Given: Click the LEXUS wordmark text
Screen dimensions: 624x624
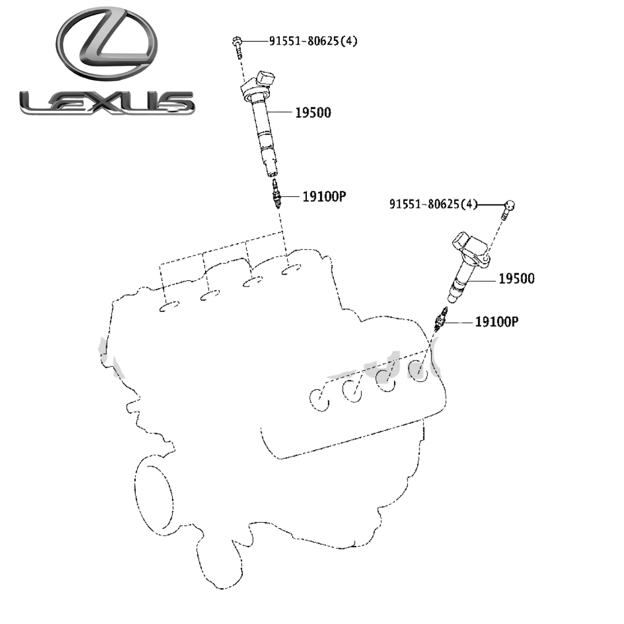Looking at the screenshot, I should coord(106,103).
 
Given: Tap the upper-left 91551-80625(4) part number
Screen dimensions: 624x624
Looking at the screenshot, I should coord(313,41).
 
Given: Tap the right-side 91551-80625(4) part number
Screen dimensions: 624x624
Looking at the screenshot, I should coord(433,204).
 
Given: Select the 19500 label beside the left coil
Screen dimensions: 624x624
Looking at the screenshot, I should coord(313,113).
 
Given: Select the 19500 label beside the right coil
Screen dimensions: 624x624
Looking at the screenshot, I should coord(517,278).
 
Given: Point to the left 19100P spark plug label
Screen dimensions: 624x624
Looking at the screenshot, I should coord(324,196).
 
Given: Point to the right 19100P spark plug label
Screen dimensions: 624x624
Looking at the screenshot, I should coord(496,321).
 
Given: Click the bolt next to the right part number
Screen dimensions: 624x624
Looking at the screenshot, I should coord(508,210).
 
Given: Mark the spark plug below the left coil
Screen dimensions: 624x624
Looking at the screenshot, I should coord(276,195).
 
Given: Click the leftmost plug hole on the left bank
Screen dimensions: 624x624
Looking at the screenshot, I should coord(170,306).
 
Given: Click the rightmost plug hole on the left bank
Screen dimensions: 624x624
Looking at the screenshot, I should coord(292,269).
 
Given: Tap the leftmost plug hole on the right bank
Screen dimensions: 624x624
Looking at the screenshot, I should coord(319,399).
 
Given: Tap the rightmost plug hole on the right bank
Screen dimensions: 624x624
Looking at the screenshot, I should coord(418,369).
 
